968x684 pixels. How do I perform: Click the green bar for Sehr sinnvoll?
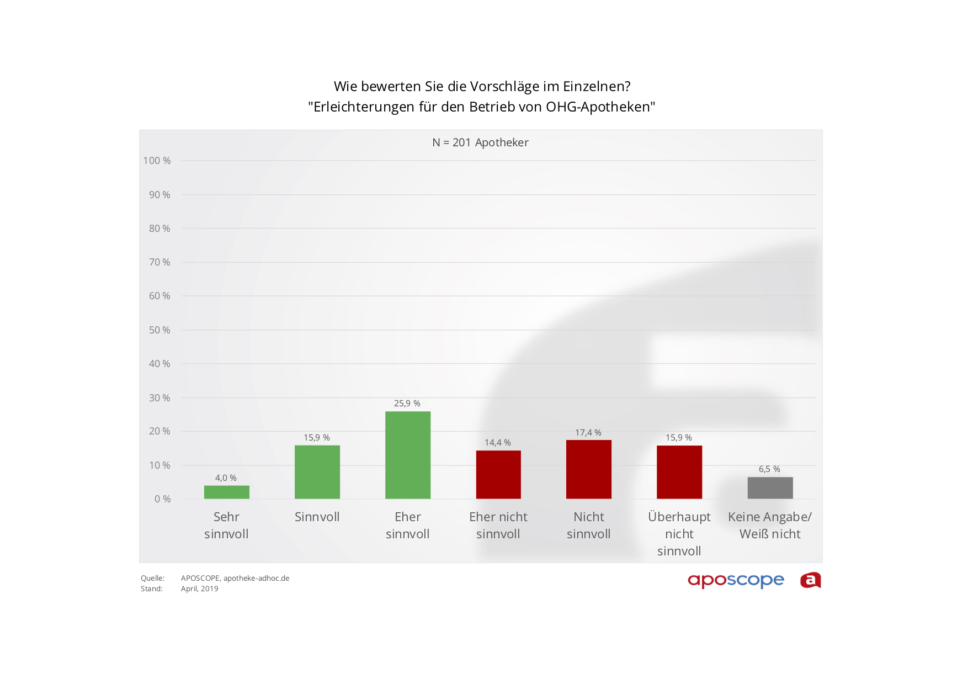click(x=226, y=492)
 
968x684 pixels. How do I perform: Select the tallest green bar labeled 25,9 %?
click(x=407, y=455)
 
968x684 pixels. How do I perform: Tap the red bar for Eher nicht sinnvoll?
click(x=498, y=474)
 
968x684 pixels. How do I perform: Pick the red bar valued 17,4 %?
click(x=588, y=469)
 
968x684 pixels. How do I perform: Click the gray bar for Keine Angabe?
click(x=770, y=487)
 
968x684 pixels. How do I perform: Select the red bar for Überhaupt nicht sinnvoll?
click(x=679, y=472)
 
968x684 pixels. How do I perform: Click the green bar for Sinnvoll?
click(x=317, y=472)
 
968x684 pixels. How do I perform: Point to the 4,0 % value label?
click(x=226, y=478)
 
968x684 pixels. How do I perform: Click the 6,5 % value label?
click(x=769, y=469)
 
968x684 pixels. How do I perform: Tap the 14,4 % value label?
click(x=498, y=442)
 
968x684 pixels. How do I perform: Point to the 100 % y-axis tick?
click(x=157, y=161)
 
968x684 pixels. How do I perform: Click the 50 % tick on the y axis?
click(x=159, y=330)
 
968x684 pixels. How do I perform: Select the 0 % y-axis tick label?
click(x=162, y=499)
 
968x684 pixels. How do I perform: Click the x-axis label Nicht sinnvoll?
click(x=588, y=525)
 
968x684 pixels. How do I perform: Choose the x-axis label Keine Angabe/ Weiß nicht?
click(x=770, y=525)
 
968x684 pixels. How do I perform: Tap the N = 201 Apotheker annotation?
click(x=480, y=142)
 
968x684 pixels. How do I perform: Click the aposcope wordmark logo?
click(x=736, y=580)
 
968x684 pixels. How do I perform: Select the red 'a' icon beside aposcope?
click(x=810, y=580)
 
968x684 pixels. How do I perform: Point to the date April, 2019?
click(x=199, y=588)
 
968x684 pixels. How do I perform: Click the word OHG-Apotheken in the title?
click(x=600, y=107)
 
